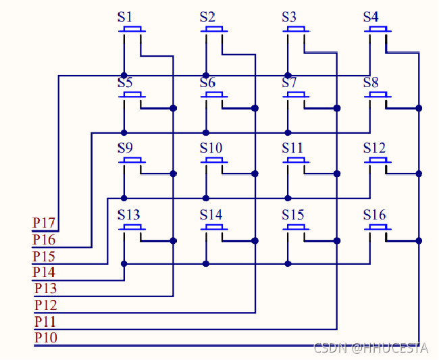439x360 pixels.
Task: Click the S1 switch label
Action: [x=125, y=17]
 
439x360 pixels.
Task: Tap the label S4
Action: [x=371, y=17]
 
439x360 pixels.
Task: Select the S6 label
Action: [x=207, y=83]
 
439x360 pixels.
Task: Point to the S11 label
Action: [x=292, y=148]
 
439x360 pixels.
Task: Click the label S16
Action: [x=374, y=215]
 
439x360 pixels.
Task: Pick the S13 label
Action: [x=128, y=215]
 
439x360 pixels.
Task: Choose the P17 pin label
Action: [x=44, y=223]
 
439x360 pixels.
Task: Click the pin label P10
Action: [x=46, y=337]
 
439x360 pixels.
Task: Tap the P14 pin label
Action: [x=45, y=272]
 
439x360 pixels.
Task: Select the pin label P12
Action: [x=46, y=305]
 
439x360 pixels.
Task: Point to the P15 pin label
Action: [x=44, y=256]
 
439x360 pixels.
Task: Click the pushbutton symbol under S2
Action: [x=214, y=29]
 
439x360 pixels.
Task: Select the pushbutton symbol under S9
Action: [x=132, y=161]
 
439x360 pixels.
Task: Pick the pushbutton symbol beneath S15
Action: [x=296, y=227]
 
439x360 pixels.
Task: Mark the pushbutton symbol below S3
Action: [x=296, y=29]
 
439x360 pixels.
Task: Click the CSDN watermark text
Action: [x=371, y=348]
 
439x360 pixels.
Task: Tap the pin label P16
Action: [x=44, y=240]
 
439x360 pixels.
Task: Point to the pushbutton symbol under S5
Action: [x=132, y=95]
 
